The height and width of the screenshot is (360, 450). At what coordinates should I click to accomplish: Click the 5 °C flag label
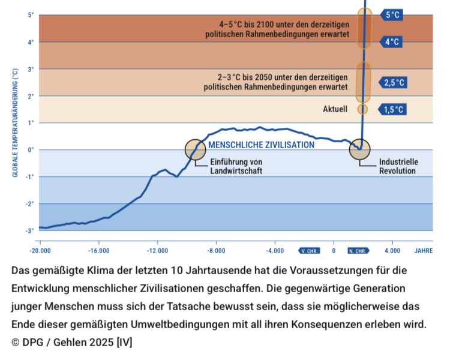pyautogui.click(x=393, y=14)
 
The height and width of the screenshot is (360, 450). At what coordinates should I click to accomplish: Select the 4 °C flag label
pyautogui.click(x=392, y=42)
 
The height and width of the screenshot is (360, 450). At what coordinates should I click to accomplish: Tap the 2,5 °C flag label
pyautogui.click(x=394, y=82)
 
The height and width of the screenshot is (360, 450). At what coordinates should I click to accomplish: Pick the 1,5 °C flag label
pyautogui.click(x=394, y=109)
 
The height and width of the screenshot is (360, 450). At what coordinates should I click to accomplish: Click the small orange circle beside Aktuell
pyautogui.click(x=362, y=109)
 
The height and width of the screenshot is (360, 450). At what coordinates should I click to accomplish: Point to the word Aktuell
pyautogui.click(x=335, y=109)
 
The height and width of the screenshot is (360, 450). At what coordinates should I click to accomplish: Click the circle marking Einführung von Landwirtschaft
pyautogui.click(x=196, y=149)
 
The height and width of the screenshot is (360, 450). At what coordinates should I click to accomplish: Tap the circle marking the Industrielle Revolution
pyautogui.click(x=360, y=149)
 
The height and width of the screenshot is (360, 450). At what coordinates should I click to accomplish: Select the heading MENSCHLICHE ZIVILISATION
pyautogui.click(x=261, y=145)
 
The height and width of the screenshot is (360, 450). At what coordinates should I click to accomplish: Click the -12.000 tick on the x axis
pyautogui.click(x=157, y=250)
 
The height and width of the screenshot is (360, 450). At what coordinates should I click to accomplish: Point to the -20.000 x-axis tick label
pyautogui.click(x=40, y=250)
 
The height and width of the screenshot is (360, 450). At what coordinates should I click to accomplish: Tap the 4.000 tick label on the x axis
pyautogui.click(x=392, y=250)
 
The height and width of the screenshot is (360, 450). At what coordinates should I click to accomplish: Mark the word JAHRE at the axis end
pyautogui.click(x=423, y=250)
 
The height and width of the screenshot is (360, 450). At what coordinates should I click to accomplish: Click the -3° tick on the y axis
pyautogui.click(x=29, y=231)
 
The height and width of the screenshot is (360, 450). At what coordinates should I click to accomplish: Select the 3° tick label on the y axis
pyautogui.click(x=31, y=69)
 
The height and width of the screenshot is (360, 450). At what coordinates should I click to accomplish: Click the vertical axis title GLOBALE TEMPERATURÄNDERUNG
pyautogui.click(x=15, y=123)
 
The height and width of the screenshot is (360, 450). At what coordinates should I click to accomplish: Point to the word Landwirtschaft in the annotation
pyautogui.click(x=236, y=171)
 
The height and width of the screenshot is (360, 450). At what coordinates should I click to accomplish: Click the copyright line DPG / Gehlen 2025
pyautogui.click(x=72, y=343)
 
